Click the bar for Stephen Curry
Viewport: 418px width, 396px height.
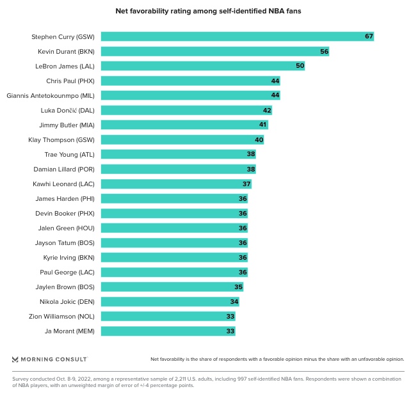tap(237, 36)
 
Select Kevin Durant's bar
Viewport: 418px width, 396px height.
tap(214, 51)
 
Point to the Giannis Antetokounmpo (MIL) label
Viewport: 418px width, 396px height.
tap(51, 95)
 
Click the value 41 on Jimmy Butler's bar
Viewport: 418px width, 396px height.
tap(262, 125)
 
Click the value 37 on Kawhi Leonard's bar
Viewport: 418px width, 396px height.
tap(246, 184)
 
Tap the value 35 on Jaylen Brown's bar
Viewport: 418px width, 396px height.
tap(238, 287)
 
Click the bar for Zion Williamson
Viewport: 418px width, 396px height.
tap(168, 316)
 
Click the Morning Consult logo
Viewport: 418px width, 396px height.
tap(49, 359)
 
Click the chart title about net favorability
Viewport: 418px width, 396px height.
tap(209, 11)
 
